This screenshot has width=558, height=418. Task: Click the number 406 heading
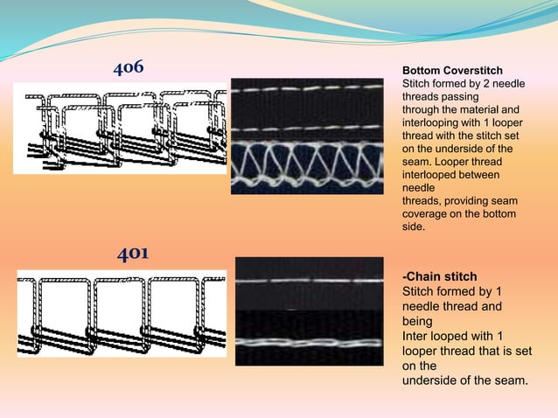129,68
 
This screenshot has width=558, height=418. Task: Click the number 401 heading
133,254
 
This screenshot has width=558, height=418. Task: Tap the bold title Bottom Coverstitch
451,70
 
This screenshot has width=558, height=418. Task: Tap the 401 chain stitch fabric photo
309,312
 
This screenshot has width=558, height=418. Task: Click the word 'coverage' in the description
424,214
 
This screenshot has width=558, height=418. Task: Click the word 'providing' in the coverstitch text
470,201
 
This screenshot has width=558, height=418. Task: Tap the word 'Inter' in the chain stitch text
415,336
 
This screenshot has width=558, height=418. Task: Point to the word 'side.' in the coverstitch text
413,227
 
